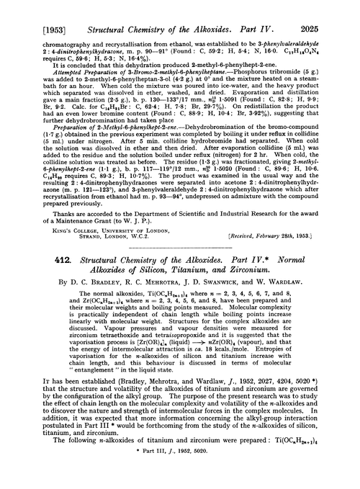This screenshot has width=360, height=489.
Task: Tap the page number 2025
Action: pyautogui.click(x=334, y=9)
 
